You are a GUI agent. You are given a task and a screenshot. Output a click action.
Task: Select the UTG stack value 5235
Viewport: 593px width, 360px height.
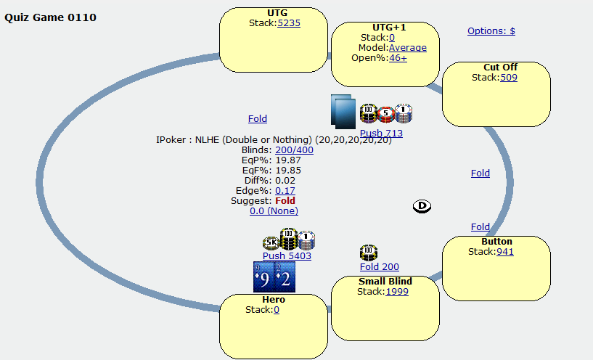(x=289, y=22)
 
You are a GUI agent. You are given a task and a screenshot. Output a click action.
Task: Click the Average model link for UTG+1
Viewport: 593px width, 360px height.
(x=407, y=48)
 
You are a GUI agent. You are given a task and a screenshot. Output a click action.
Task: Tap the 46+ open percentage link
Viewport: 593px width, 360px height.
(x=398, y=58)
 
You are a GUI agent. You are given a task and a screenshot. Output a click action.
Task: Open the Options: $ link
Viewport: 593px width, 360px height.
(x=491, y=31)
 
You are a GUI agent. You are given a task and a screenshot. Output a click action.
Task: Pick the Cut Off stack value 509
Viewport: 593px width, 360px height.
(x=509, y=78)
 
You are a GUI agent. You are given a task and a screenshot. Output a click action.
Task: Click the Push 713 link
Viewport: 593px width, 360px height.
(x=381, y=133)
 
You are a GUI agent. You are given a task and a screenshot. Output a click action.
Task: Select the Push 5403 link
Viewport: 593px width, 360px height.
(x=287, y=255)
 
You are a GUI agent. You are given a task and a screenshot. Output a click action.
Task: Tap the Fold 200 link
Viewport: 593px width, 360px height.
(x=379, y=267)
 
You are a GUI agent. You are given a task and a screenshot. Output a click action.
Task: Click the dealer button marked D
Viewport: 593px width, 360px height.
(x=422, y=206)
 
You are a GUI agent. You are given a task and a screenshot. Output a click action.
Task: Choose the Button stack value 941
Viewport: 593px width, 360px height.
(x=504, y=252)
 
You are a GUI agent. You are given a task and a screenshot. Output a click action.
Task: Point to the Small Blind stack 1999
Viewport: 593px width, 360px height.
(x=397, y=292)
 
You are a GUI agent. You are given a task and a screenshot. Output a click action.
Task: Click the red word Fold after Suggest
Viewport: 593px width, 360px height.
(x=285, y=200)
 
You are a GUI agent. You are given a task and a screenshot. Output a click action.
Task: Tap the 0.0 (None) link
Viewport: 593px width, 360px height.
(x=274, y=210)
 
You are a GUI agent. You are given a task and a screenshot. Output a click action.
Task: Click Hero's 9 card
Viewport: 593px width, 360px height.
(x=263, y=277)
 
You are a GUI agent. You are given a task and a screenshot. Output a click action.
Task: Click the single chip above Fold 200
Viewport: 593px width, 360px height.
(x=369, y=253)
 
